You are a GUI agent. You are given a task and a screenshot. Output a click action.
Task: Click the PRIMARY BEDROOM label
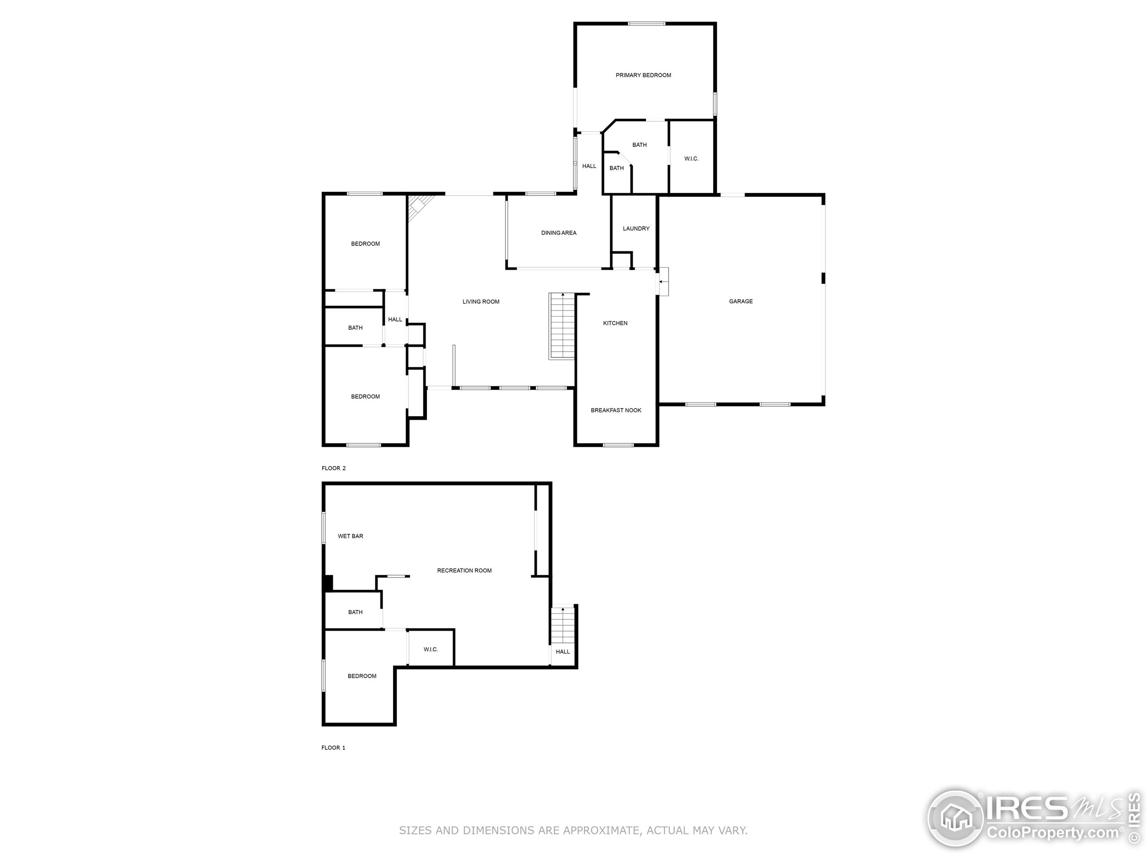[x=643, y=75]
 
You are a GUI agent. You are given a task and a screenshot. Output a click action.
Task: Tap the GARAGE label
[x=741, y=301]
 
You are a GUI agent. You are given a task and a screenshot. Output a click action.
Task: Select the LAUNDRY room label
[x=636, y=228]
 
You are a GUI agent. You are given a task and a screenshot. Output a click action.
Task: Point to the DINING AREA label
[x=558, y=233]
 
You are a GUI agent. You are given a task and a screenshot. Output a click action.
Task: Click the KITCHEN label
[x=615, y=323]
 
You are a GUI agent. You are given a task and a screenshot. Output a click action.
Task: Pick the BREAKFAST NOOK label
[x=616, y=410]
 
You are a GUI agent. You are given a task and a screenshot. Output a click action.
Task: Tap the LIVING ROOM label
[x=481, y=302]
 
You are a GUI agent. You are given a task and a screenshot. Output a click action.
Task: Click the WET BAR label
[x=350, y=536]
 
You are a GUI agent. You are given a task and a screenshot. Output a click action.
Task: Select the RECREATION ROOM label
[x=464, y=570]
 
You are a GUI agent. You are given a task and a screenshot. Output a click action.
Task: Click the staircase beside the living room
[x=562, y=326]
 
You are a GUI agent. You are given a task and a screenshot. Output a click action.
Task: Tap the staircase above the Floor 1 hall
[x=563, y=625]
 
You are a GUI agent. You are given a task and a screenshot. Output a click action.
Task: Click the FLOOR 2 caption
[x=333, y=468]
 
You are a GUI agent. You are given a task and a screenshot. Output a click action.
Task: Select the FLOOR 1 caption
[x=333, y=748]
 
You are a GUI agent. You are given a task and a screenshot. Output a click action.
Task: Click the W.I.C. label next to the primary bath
[x=691, y=159]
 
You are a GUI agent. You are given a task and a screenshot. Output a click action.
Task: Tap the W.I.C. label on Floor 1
[x=431, y=649]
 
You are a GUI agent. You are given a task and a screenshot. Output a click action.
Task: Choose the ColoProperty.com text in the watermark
[x=1052, y=833]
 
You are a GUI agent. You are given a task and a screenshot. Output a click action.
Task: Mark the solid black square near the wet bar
[x=327, y=583]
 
